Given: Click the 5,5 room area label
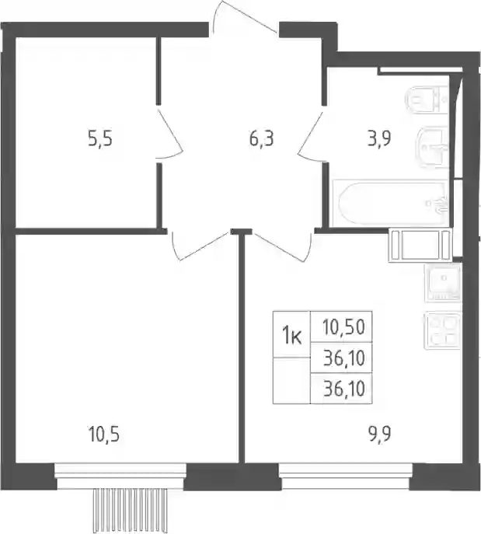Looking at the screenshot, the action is [x=100, y=140].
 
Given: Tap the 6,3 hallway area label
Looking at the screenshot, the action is [x=261, y=140].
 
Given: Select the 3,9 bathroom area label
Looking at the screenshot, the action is [x=379, y=139].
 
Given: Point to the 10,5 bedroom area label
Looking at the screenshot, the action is [x=103, y=435].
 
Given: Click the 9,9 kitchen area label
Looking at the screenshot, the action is [x=379, y=435].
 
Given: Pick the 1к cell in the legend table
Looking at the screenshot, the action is [x=291, y=334].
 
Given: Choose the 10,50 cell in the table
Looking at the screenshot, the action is [x=341, y=327].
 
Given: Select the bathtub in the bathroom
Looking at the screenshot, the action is [x=391, y=204].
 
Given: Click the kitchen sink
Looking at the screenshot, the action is [x=442, y=283].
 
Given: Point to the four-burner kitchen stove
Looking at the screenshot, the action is [x=442, y=331].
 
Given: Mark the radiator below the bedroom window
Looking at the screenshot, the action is [x=131, y=511].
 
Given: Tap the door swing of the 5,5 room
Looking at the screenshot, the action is [x=170, y=133].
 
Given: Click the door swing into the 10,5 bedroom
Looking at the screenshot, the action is [x=200, y=246].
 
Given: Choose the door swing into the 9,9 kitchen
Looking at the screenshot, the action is [x=282, y=246].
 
